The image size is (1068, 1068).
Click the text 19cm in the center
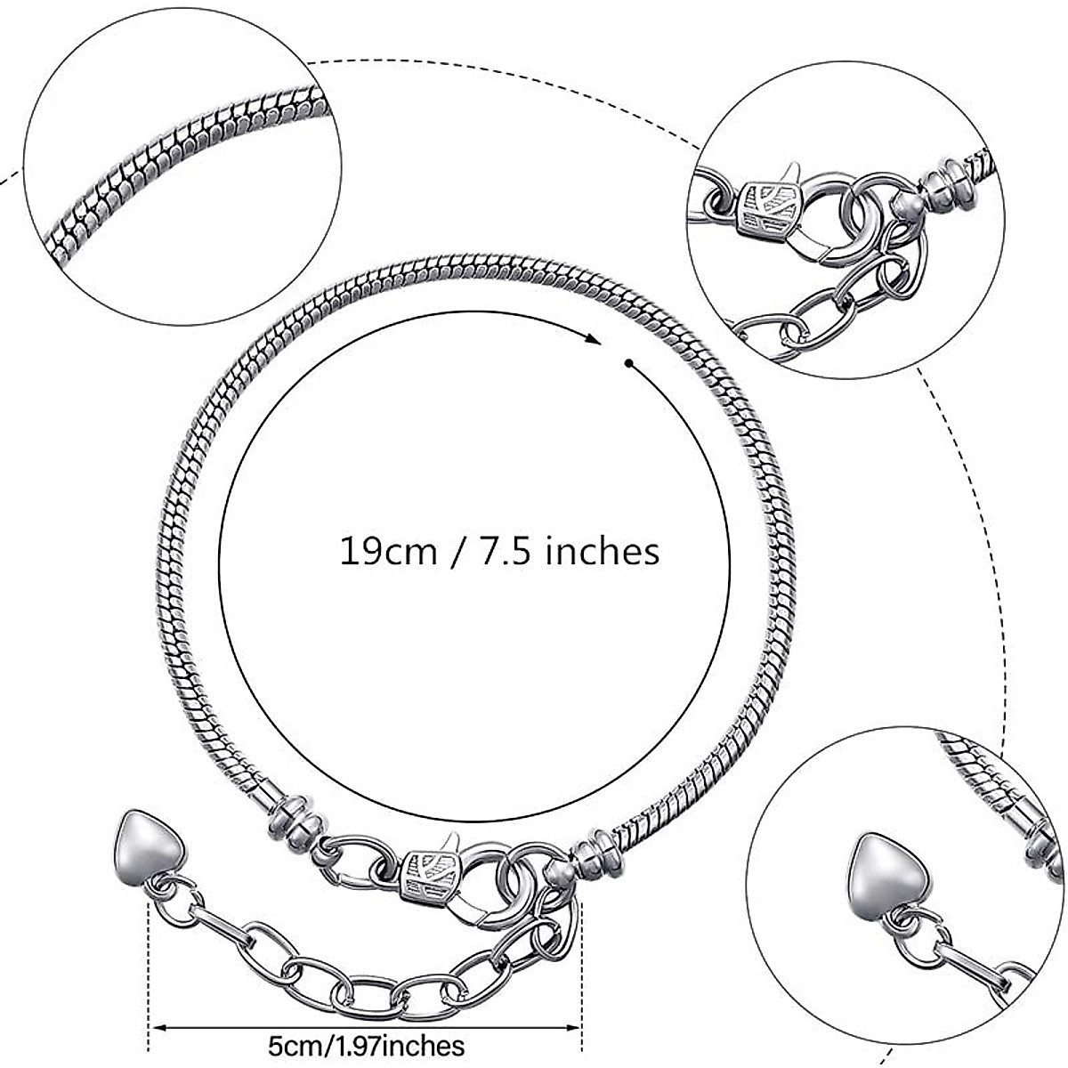click(x=388, y=551)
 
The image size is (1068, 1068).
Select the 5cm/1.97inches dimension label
click(x=365, y=1042)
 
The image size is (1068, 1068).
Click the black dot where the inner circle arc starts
click(x=628, y=362)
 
